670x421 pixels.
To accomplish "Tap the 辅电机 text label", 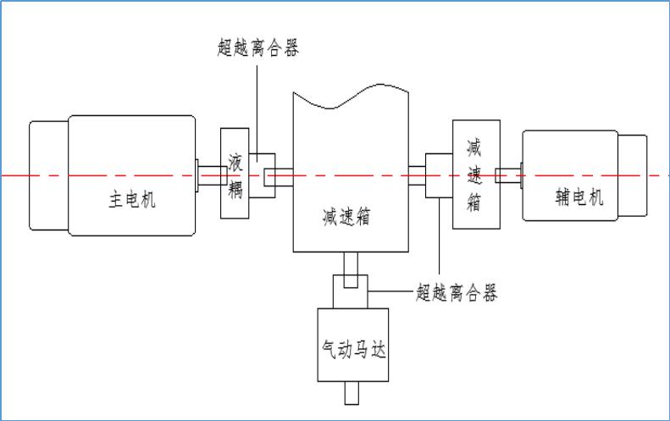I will click(579, 197).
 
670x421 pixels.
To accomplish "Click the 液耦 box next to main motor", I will click(235, 174).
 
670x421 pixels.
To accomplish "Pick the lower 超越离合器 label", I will click(457, 293).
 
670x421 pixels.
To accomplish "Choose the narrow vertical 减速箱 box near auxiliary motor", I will click(475, 174).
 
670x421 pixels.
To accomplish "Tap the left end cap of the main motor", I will click(48, 175).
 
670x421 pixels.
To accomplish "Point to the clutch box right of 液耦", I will click(263, 175).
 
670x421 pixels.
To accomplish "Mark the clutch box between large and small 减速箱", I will click(439, 175).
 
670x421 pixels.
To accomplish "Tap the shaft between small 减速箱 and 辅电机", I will click(510, 175).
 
